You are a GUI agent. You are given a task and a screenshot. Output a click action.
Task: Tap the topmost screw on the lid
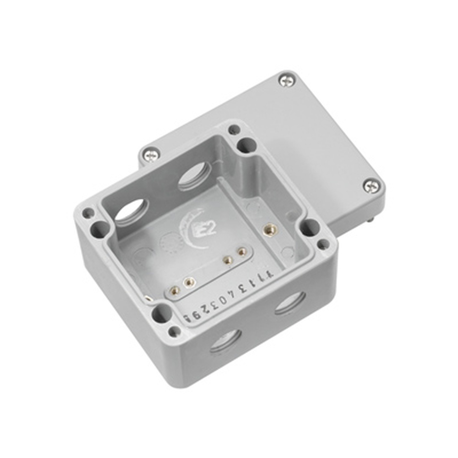(287, 81)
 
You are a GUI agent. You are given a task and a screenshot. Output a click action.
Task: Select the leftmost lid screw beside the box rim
(151, 155)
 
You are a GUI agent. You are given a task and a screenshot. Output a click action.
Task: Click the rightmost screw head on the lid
(371, 185)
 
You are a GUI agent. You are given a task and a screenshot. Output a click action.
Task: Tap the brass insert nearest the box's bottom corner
(174, 289)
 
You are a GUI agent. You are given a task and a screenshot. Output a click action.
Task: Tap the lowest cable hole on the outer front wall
(225, 341)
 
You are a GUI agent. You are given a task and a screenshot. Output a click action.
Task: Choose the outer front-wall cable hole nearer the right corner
(290, 303)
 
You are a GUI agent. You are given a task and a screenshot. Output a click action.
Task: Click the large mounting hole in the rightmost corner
(310, 227)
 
